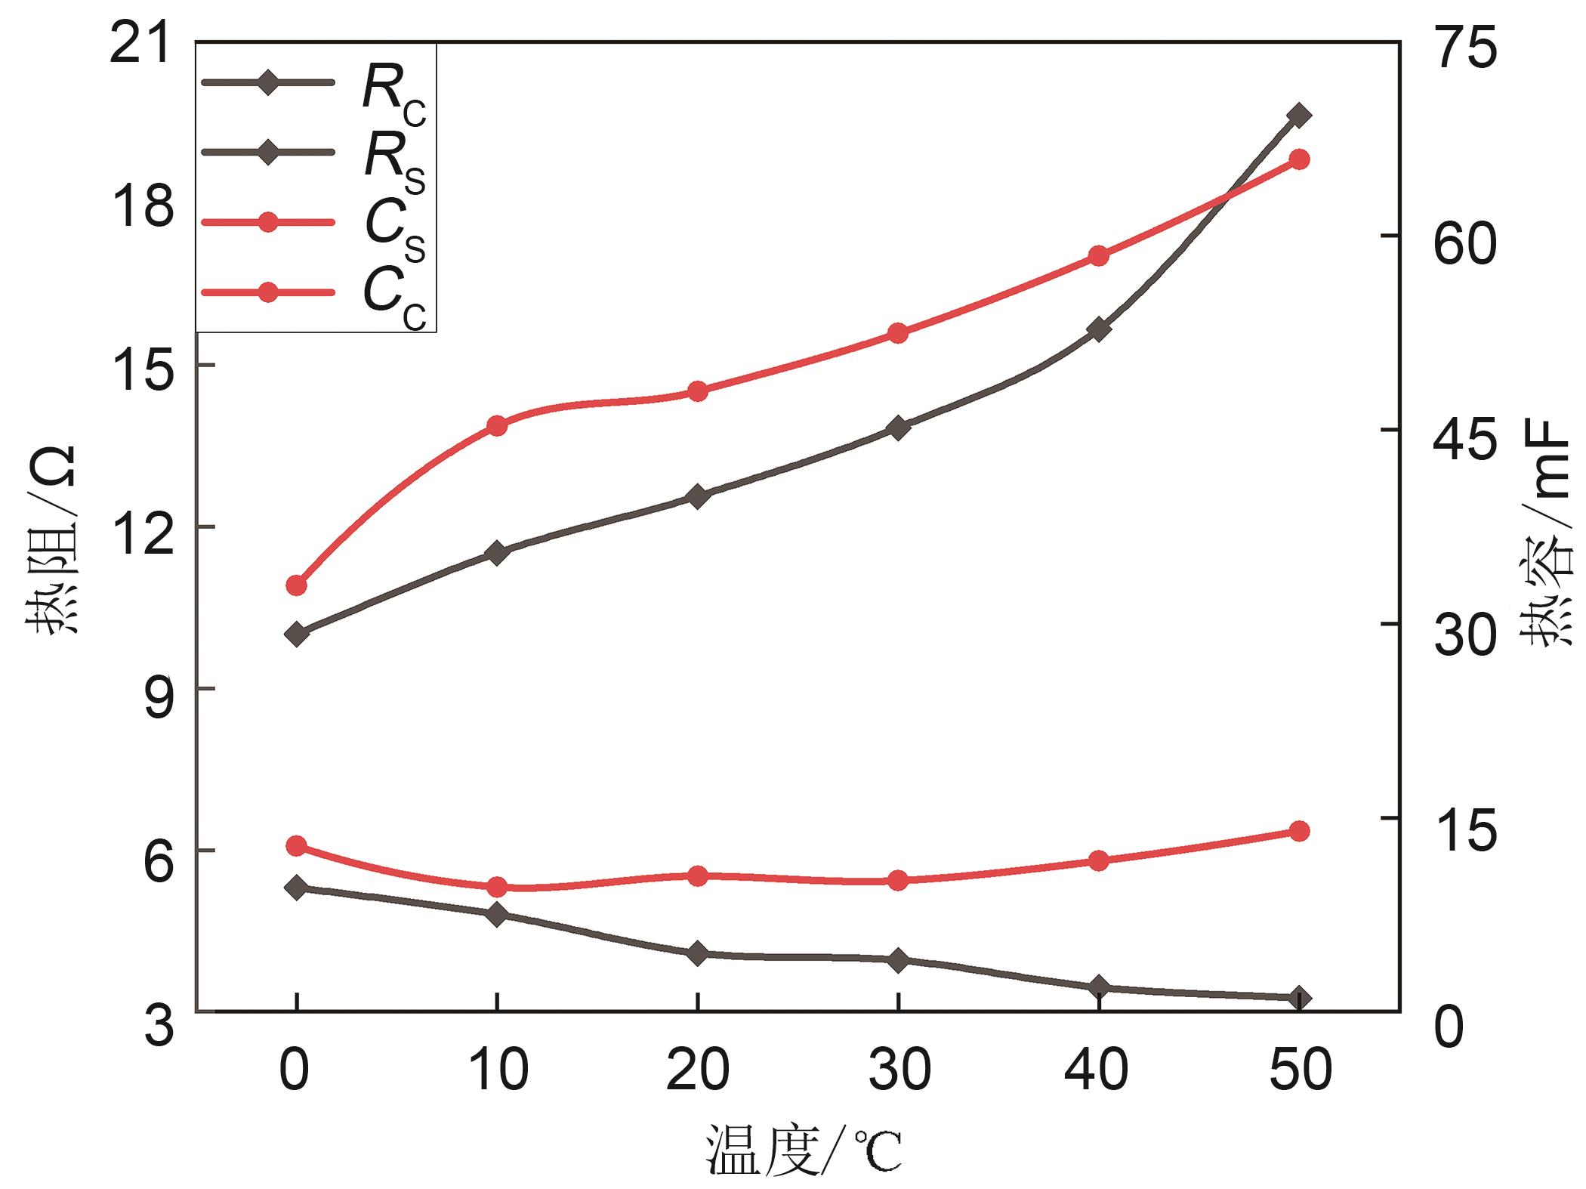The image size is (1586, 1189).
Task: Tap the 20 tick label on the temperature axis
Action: pos(697,1071)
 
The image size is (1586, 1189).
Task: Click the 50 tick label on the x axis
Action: pos(1299,1071)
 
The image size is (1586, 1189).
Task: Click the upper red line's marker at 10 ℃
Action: pos(497,426)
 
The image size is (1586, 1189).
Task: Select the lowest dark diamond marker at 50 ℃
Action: pos(1299,998)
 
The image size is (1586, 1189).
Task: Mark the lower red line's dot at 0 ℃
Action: pos(297,845)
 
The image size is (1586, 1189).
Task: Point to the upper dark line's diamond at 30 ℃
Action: pos(898,428)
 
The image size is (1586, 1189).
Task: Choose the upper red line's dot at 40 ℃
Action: pos(1099,256)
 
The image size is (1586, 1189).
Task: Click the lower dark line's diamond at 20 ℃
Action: pos(697,953)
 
